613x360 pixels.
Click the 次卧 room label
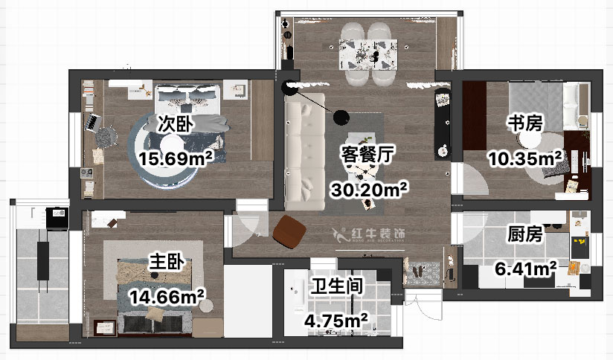171,124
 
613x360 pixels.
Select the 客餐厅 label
366,154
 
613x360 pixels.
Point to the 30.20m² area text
370,190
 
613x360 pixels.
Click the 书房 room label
524,123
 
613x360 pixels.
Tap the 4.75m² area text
337,321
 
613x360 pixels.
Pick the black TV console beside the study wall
442,123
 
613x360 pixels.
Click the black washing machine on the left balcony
57,217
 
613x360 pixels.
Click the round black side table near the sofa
341,117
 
